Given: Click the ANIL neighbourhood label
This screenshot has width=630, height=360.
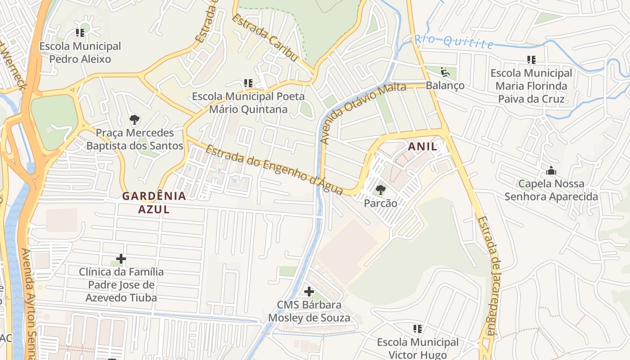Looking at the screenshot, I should coord(422,147).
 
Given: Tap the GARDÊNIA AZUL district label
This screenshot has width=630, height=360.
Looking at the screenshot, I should coord(154,202).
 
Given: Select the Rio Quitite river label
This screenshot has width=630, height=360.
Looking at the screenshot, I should coord(454,41).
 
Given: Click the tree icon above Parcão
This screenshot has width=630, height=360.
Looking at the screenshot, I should coord(381,190).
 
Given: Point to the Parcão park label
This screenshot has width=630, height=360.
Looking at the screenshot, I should coord(381,203).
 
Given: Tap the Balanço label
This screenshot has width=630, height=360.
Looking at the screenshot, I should coord(445,85).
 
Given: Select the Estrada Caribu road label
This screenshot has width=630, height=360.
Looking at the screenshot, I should coord(265,39).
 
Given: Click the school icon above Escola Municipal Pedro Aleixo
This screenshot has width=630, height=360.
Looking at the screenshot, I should coord(80,33).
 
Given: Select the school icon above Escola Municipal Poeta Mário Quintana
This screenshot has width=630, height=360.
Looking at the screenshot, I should coord(248,83).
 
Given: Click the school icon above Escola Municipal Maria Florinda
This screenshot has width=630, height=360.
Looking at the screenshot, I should coord(531,60).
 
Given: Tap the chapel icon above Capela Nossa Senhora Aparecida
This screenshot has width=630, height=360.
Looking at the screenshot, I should coord(551,171).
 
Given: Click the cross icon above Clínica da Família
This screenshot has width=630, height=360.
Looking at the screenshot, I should coord(121,259).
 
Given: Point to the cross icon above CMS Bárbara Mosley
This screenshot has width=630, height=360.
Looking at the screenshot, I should coord(309,292).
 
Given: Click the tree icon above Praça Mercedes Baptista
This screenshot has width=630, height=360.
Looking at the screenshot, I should coord(134,120).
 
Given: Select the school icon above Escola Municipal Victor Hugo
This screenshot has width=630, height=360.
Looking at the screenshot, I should coord(417,329).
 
